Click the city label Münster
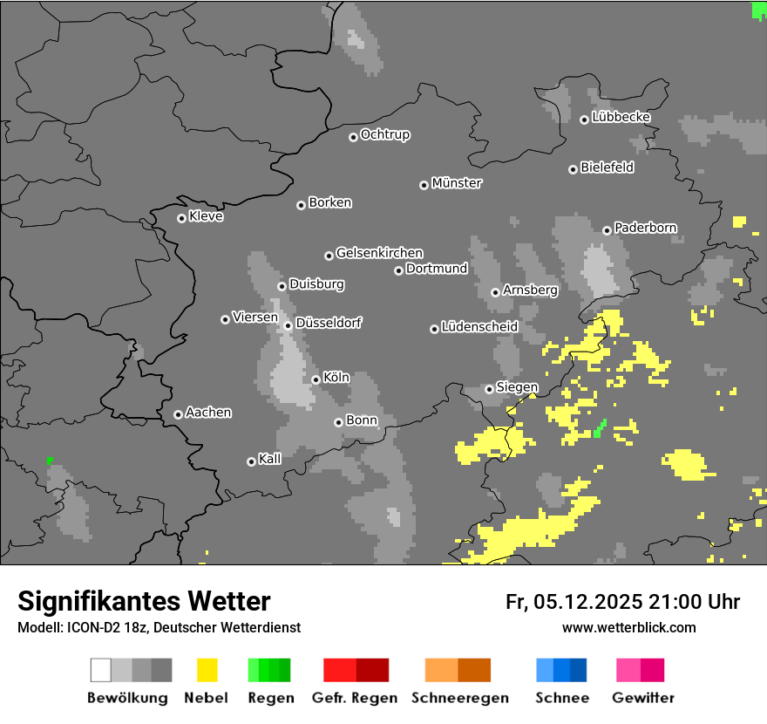click(x=457, y=183)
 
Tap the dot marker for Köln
click(x=316, y=379)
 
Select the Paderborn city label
click(x=646, y=228)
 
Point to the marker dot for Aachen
click(x=178, y=414)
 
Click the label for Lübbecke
click(x=621, y=117)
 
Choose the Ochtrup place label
click(x=385, y=134)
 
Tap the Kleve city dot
click(x=181, y=218)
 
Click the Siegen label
click(x=517, y=387)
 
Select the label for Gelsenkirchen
click(x=379, y=253)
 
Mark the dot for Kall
click(x=251, y=461)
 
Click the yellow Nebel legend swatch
click(x=207, y=670)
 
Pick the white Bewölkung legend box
click(x=101, y=670)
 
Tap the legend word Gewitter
click(x=643, y=698)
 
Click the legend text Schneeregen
click(x=460, y=698)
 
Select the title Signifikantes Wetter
click(x=144, y=601)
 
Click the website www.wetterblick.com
click(x=628, y=627)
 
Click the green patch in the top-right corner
click(x=758, y=10)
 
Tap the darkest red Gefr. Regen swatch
click(x=372, y=670)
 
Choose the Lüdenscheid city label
click(x=479, y=327)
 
